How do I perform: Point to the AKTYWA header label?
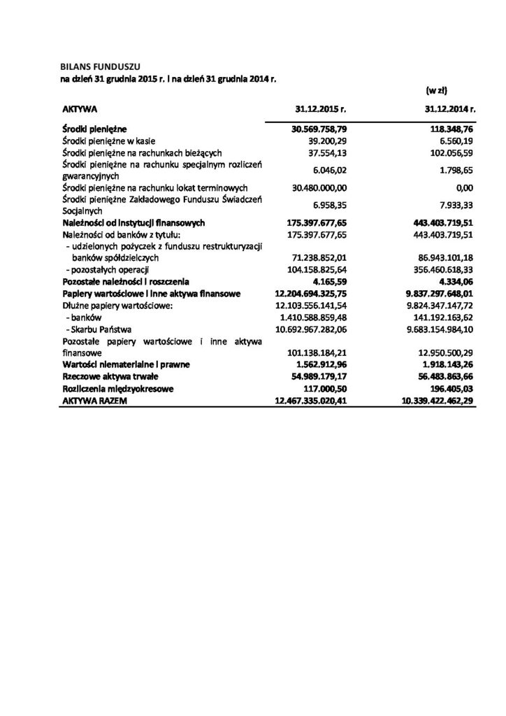pyautogui.click(x=79, y=110)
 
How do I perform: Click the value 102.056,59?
pyautogui.click(x=448, y=152)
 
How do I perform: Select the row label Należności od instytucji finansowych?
pyautogui.click(x=133, y=222)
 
